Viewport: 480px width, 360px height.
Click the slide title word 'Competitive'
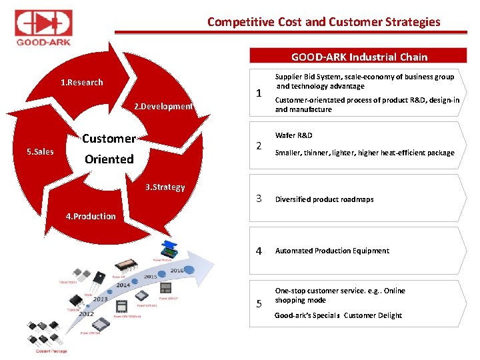[x=239, y=22]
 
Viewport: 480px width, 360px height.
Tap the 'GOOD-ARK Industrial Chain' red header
[x=359, y=57]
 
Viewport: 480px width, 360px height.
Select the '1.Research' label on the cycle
[x=82, y=83]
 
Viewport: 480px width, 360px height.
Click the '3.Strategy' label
[x=165, y=187]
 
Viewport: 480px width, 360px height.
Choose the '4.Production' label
[x=90, y=216]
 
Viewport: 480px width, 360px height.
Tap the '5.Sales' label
[x=40, y=152]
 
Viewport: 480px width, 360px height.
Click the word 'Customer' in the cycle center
[x=109, y=139]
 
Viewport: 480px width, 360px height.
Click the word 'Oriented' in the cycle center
[x=109, y=159]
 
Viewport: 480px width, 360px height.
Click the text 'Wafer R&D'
[x=294, y=135]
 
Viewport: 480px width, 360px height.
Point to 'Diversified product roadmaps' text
[x=324, y=199]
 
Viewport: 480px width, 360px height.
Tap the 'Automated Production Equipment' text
[x=332, y=251]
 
